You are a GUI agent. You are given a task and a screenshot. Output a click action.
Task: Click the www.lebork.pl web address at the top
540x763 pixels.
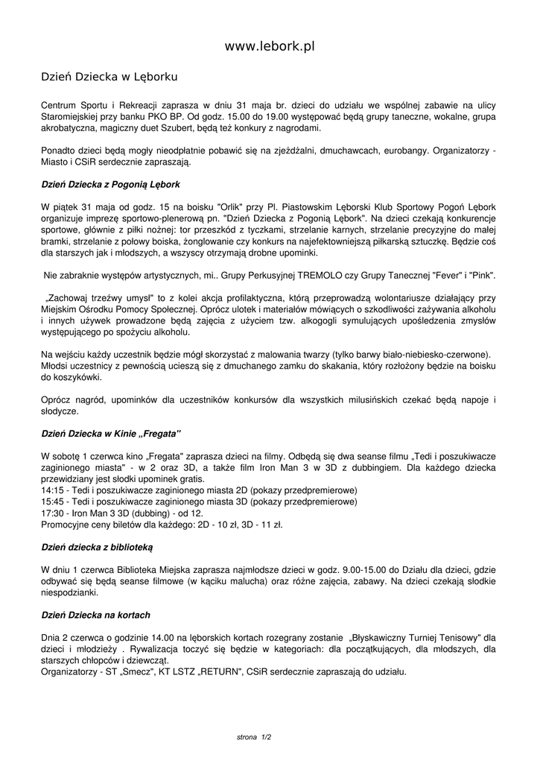click(x=270, y=46)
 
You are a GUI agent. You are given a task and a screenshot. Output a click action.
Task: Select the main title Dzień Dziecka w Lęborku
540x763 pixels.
click(x=109, y=77)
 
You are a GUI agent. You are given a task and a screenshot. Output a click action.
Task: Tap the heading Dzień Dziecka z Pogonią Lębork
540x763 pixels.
click(x=110, y=183)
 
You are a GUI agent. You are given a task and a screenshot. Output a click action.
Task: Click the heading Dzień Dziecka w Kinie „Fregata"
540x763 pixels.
click(x=111, y=433)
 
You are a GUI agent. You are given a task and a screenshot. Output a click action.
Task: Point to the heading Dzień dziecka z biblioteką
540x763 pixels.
click(x=97, y=547)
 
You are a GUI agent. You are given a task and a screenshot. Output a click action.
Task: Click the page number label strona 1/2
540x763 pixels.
click(x=254, y=737)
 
